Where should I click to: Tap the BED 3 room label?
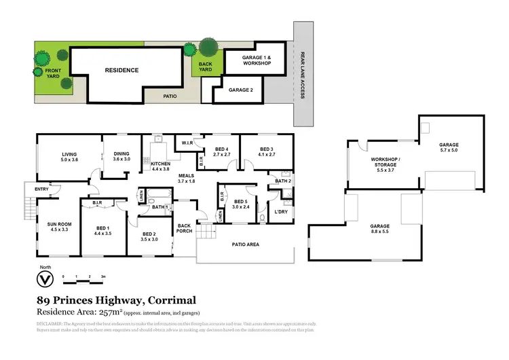pyautogui.click(x=265, y=152)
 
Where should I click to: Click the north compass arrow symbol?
pyautogui.click(x=47, y=280)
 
